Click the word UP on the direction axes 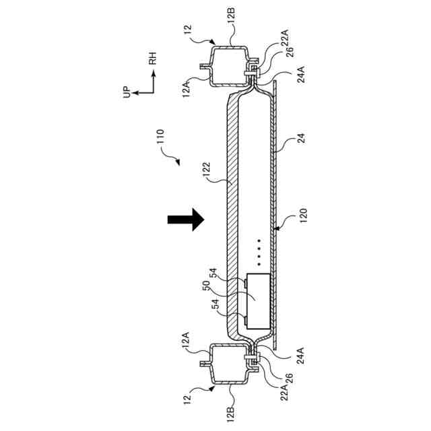coord(126,92)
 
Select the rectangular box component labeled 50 coord(257,296)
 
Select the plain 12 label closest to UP coord(190,30)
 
